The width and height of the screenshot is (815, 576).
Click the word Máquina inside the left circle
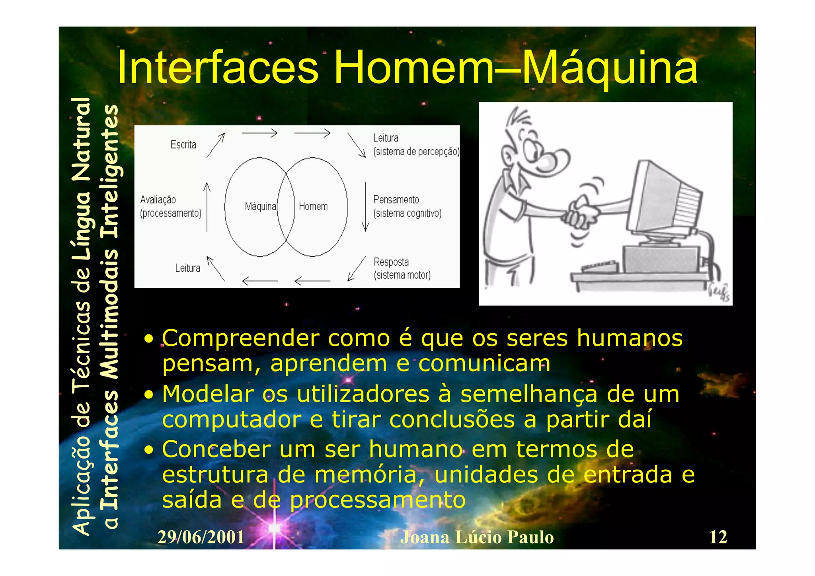[x=260, y=207]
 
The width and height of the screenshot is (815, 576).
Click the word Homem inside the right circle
[x=313, y=207]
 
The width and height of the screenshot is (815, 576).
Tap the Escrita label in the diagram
[x=183, y=144]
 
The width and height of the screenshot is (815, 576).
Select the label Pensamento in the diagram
[x=396, y=199]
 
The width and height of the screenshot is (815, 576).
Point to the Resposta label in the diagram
[x=391, y=262]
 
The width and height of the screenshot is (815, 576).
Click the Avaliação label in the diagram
[x=158, y=199]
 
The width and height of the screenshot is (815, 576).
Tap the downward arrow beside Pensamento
[x=365, y=207]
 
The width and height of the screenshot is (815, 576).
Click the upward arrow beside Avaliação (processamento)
[x=207, y=207]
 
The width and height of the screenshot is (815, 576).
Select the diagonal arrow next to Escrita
[x=216, y=145]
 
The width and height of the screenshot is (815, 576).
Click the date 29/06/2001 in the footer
[x=201, y=537]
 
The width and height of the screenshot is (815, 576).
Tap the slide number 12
[x=718, y=537]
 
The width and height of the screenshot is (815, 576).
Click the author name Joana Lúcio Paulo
[x=477, y=537]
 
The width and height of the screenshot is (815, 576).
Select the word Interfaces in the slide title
[x=218, y=68]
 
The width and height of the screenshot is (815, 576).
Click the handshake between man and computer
[x=582, y=215]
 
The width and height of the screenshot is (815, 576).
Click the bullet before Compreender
[x=148, y=339]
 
